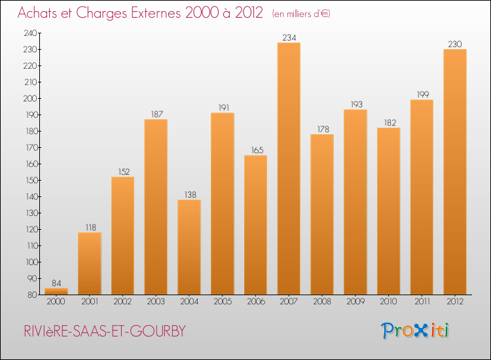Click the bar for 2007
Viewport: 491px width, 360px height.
[289, 169]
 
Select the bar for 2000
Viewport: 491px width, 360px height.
[56, 291]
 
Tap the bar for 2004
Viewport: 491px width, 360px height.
[189, 247]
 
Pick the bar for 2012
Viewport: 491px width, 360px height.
[455, 172]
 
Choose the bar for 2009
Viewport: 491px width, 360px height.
[355, 202]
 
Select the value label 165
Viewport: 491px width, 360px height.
[255, 151]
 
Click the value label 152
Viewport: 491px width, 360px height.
[122, 172]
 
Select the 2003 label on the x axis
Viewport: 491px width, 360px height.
[156, 302]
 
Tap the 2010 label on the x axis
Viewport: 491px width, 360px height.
[388, 302]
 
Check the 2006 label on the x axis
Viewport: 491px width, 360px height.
[255, 302]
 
